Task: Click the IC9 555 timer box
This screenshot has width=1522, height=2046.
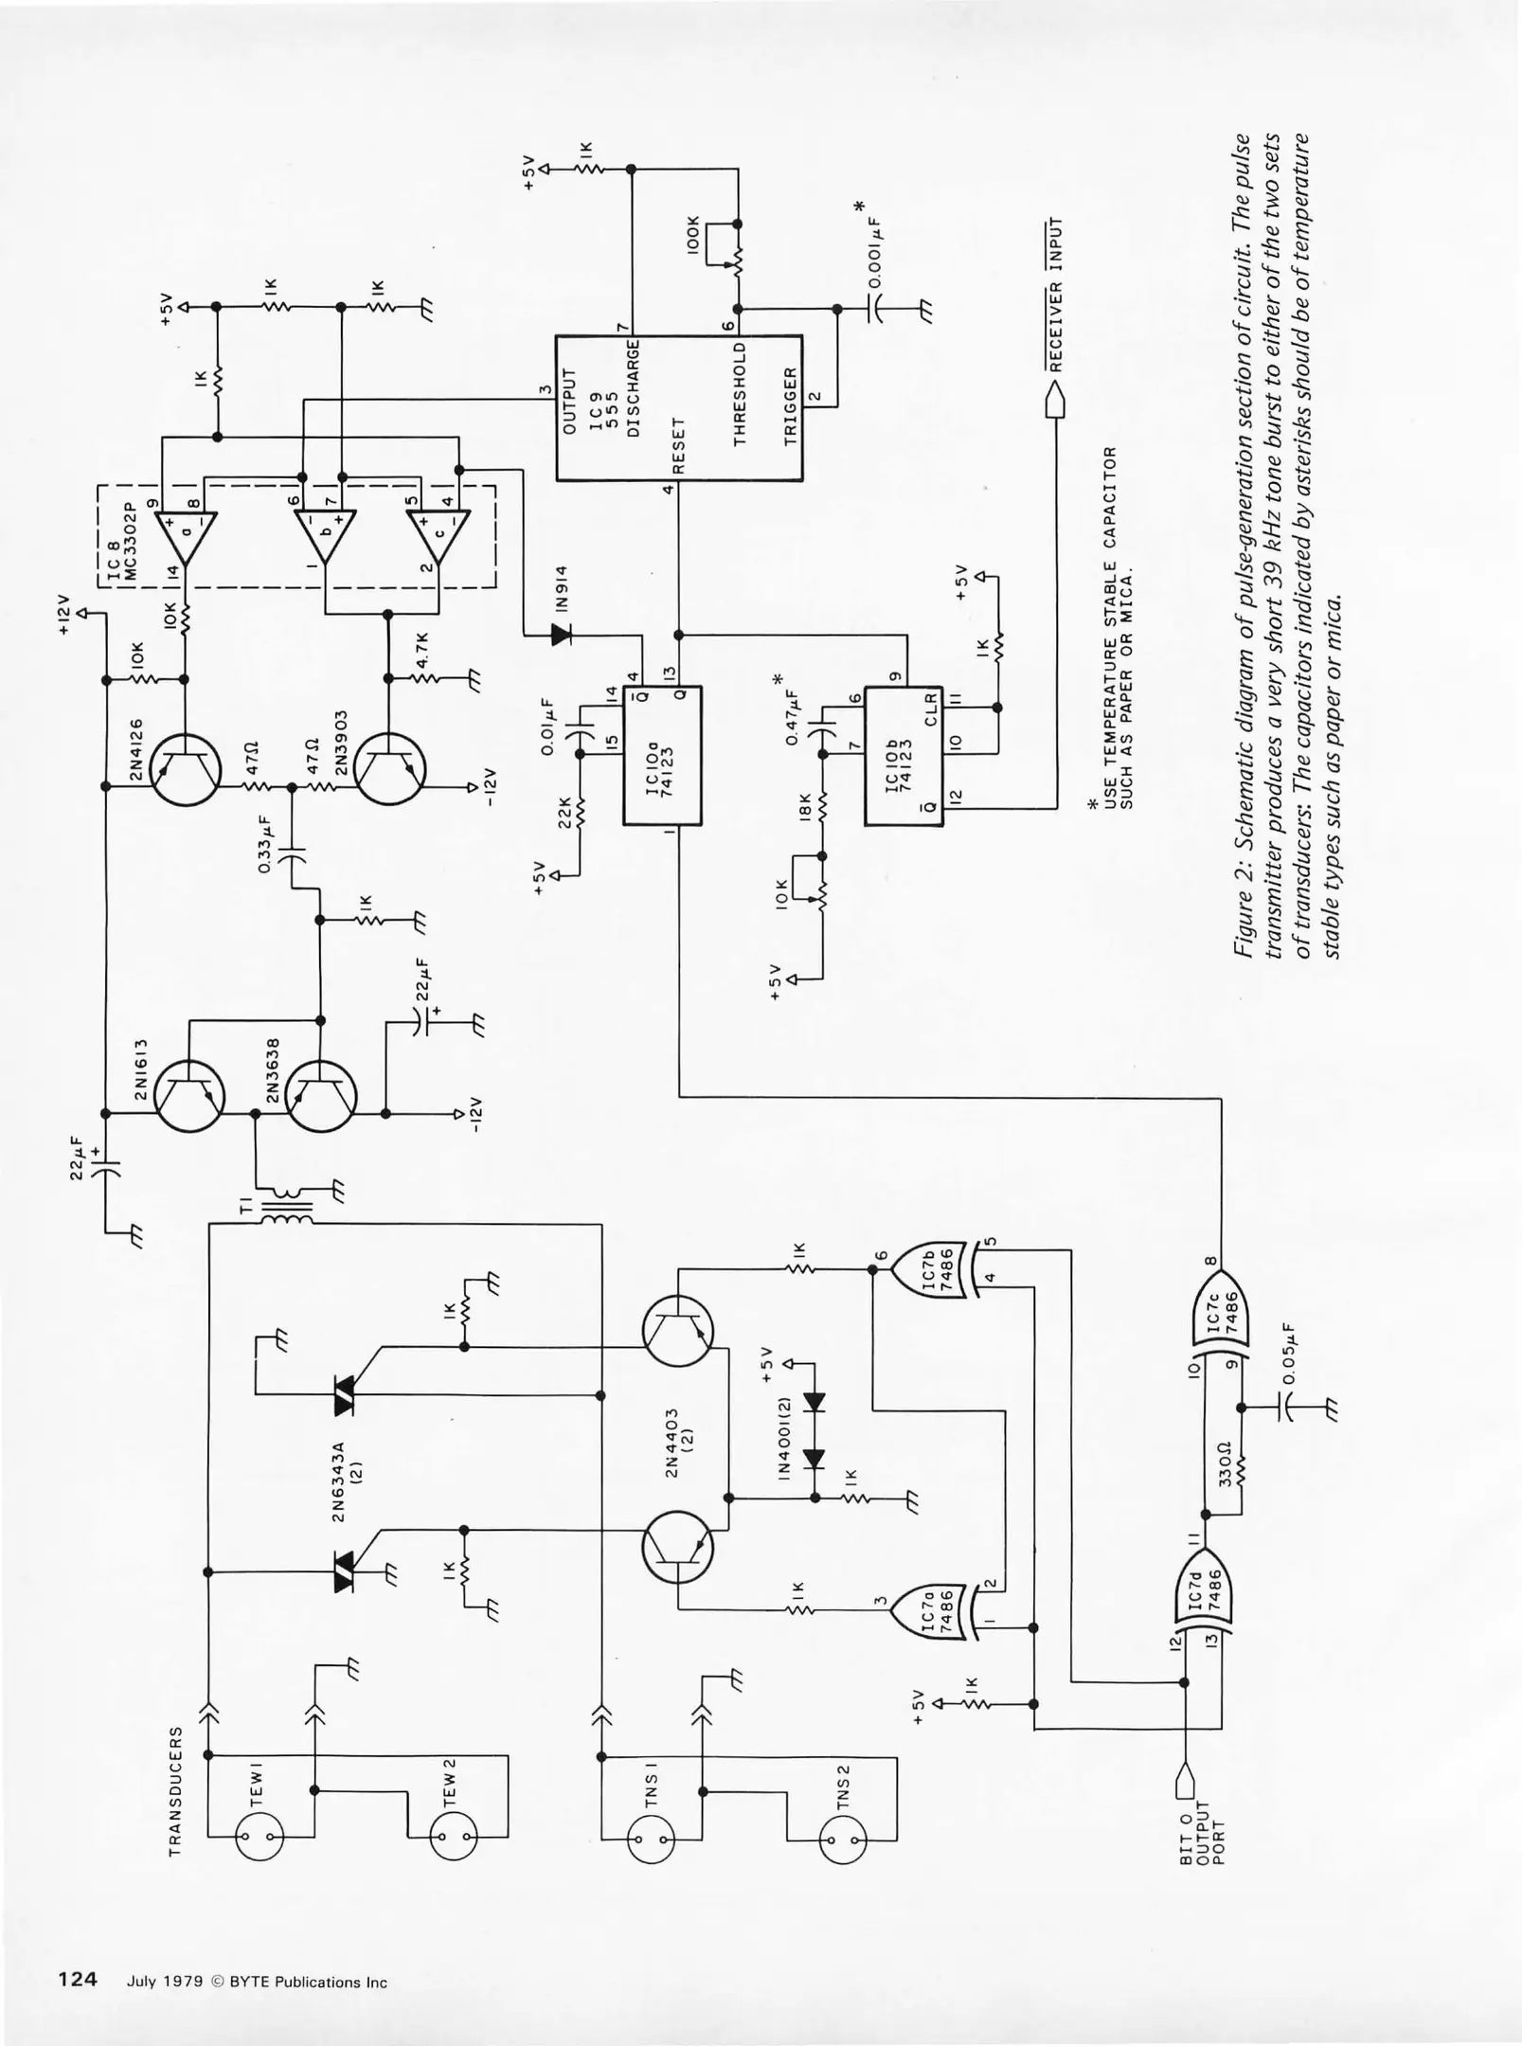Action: coord(678,407)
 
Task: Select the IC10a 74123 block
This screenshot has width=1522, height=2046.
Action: coord(661,755)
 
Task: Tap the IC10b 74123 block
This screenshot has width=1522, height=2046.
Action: coord(904,755)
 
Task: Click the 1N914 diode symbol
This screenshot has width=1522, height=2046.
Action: coord(561,634)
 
